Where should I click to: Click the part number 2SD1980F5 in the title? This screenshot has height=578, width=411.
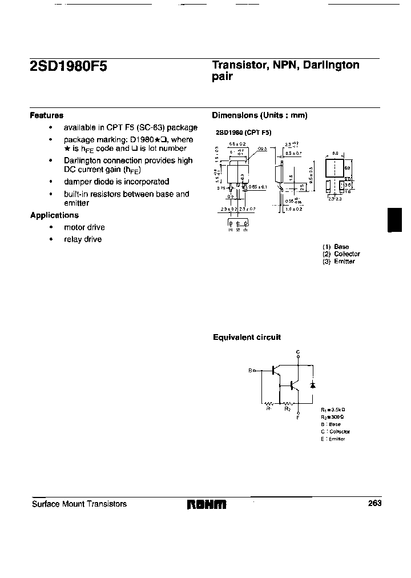pyautogui.click(x=68, y=67)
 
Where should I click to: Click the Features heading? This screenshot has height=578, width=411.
pyautogui.click(x=46, y=115)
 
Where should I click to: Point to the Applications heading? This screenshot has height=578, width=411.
pyautogui.click(x=54, y=215)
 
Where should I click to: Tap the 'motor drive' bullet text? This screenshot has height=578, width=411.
pyautogui.click(x=84, y=227)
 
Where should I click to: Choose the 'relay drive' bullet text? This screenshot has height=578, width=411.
pyautogui.click(x=82, y=239)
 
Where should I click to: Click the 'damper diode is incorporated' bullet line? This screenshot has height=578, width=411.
pyautogui.click(x=116, y=182)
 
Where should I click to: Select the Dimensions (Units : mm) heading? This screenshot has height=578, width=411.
pyautogui.click(x=260, y=115)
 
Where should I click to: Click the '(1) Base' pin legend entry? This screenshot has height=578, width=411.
pyautogui.click(x=336, y=247)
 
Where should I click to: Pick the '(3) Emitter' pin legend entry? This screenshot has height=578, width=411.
pyautogui.click(x=339, y=261)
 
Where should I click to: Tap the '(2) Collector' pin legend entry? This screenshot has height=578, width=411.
pyautogui.click(x=341, y=254)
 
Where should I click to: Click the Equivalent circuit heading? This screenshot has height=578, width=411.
pyautogui.click(x=247, y=338)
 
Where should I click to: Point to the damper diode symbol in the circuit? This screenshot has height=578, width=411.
pyautogui.click(x=312, y=384)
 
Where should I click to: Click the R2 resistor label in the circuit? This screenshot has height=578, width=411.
pyautogui.click(x=288, y=409)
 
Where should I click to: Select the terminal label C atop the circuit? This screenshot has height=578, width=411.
pyautogui.click(x=297, y=352)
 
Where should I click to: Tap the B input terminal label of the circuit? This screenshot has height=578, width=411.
pyautogui.click(x=250, y=371)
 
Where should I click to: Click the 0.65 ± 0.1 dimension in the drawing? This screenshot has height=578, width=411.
pyautogui.click(x=258, y=187)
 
